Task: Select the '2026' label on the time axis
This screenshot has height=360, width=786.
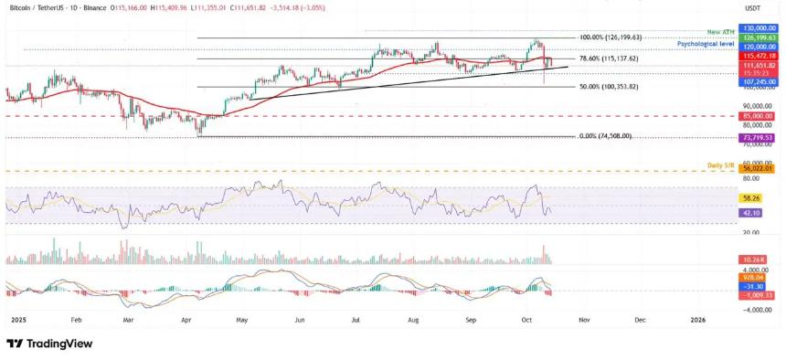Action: coord(698,320)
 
